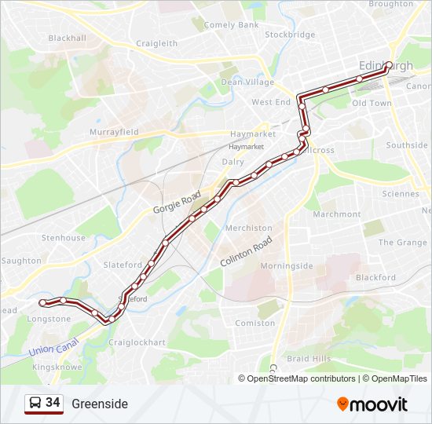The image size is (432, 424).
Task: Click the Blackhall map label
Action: click(x=67, y=38)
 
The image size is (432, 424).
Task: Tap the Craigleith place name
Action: click(x=157, y=44)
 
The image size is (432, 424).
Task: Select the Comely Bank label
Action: click(x=231, y=25)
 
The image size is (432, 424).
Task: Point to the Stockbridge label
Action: click(x=290, y=35)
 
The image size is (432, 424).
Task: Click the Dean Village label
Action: click(x=247, y=82)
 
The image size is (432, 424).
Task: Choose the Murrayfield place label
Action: click(x=114, y=132)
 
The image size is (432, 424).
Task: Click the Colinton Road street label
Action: click(x=246, y=251)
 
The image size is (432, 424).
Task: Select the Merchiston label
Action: click(x=249, y=228)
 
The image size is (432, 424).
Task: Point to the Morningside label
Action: click(x=286, y=265)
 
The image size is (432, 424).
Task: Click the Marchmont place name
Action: click(x=336, y=214)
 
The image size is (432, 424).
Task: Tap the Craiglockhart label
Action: click(x=137, y=342)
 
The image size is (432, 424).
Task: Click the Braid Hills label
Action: click(x=309, y=358)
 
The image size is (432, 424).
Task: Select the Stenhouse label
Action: click(x=64, y=238)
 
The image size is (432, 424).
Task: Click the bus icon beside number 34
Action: click(x=35, y=404)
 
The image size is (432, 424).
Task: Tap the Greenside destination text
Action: click(x=100, y=404)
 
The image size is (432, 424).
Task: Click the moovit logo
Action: click(x=372, y=404)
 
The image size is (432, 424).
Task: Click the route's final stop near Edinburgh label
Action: click(x=388, y=65)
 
